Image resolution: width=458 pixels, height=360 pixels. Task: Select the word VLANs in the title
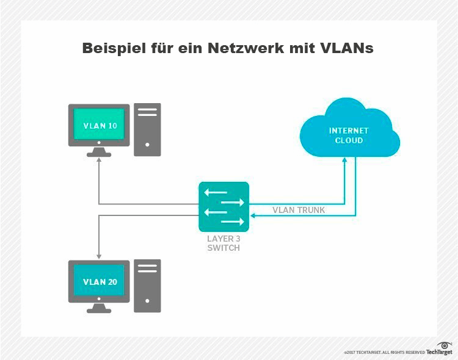pyautogui.click(x=346, y=49)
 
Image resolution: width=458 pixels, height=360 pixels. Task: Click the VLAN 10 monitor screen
pyautogui.click(x=100, y=126)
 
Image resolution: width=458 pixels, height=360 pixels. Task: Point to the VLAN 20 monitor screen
pyautogui.click(x=100, y=282)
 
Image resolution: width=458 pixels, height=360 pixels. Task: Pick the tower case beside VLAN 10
pyautogui.click(x=147, y=129)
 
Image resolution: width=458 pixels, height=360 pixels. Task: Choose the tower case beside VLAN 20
pyautogui.click(x=147, y=285)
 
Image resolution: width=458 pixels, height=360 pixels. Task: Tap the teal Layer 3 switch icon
pyautogui.click(x=224, y=207)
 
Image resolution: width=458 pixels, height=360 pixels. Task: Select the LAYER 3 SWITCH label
pyautogui.click(x=224, y=244)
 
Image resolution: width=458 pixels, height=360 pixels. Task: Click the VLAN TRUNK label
pyautogui.click(x=299, y=211)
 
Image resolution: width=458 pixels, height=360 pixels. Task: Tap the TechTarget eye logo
pyautogui.click(x=445, y=346)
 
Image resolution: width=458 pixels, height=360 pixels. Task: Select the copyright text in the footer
pyautogui.click(x=384, y=353)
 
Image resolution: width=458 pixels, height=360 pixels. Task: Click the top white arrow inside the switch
pyautogui.click(x=216, y=192)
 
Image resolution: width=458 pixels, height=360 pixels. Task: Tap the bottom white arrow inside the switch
pyautogui.click(x=231, y=222)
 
